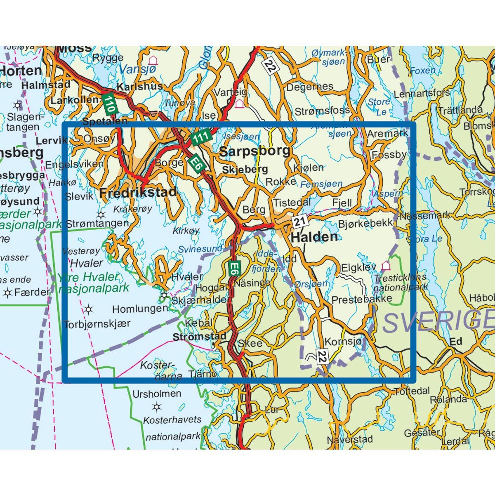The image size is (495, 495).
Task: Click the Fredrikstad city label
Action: click(138, 192)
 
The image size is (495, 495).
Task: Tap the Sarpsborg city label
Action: click(255, 151)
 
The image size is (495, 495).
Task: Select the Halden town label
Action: click(314, 237)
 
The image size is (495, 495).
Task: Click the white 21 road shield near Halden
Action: click(300, 222)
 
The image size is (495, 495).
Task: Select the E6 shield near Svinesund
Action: click(233, 269)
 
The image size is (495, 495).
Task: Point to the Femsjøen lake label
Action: click(321, 184)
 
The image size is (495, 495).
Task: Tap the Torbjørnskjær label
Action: click(97, 324)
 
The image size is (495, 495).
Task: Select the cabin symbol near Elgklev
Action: click(386, 265)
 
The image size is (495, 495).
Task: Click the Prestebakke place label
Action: click(361, 299)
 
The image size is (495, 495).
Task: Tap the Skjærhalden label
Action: click(199, 300)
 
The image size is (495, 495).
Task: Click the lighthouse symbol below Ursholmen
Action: click(156, 408)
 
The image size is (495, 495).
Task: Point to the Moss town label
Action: click(74, 49)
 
